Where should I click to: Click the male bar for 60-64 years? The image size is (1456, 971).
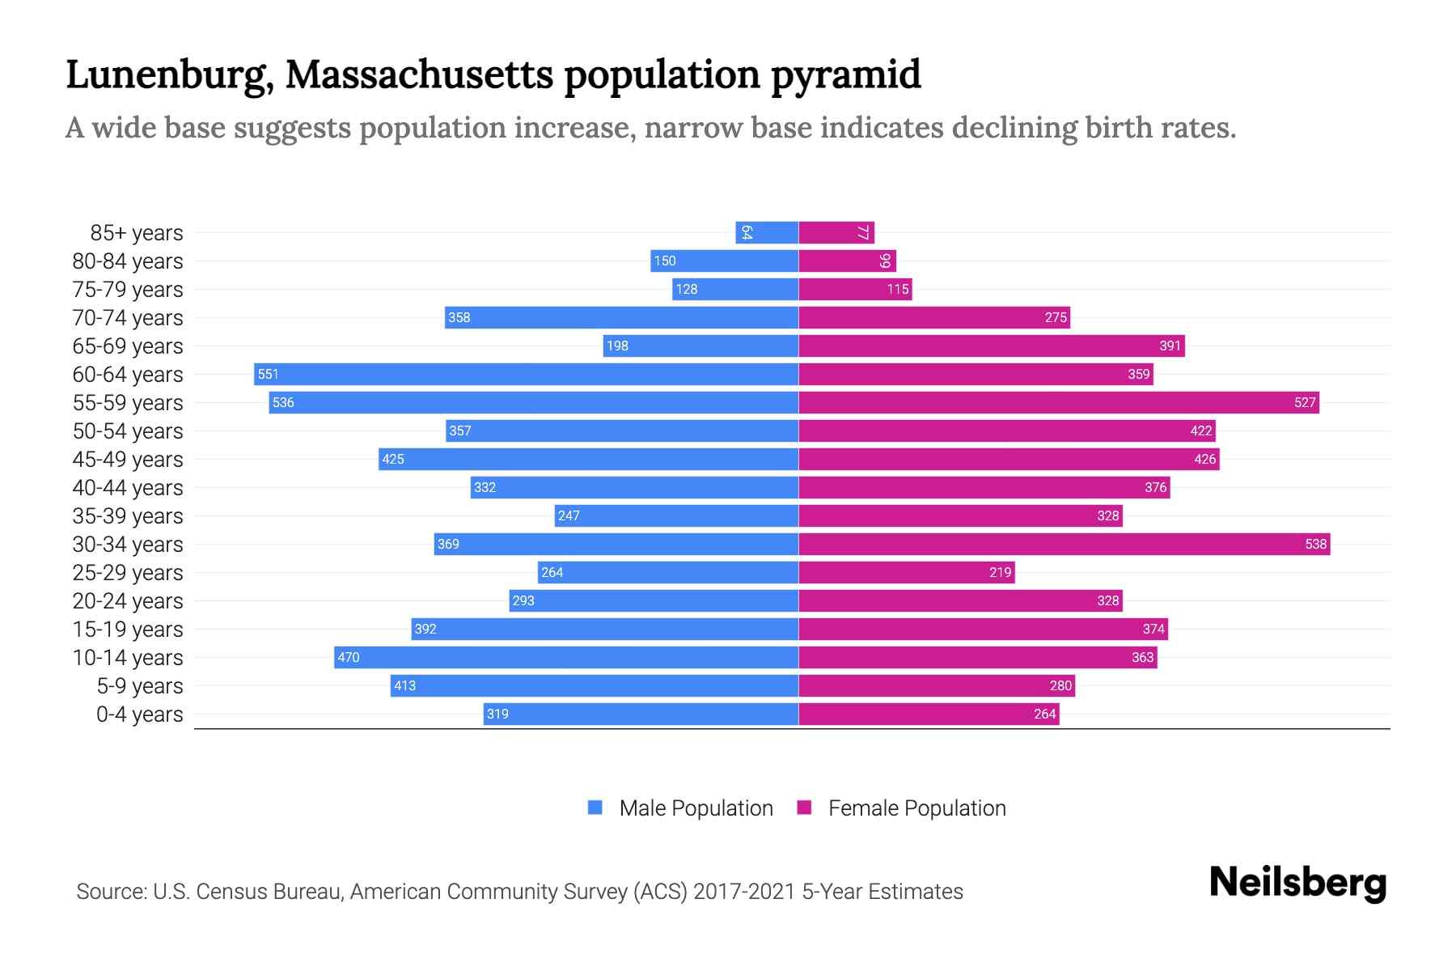[526, 374]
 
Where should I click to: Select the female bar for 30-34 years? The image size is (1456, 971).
[1064, 544]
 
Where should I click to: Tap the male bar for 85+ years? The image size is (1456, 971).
[767, 232]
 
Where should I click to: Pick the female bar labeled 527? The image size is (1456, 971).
[1058, 402]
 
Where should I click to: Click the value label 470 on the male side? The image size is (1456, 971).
[349, 657]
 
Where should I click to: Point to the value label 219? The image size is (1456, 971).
[1000, 572]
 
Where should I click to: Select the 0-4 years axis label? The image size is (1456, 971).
[139, 714]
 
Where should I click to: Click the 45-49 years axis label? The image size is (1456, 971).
[128, 459]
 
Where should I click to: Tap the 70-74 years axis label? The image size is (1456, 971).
[128, 317]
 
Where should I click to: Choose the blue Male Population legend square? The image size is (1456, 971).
[595, 808]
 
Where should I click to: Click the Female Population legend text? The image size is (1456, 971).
[916, 808]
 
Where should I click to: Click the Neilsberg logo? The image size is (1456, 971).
[1297, 883]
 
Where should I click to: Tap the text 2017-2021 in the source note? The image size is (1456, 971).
[743, 891]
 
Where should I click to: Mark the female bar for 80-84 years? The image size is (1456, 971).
[847, 261]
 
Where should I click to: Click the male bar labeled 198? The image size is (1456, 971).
[700, 346]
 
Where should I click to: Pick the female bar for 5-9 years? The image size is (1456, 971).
[937, 685]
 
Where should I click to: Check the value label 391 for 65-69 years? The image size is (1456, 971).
[1170, 346]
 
